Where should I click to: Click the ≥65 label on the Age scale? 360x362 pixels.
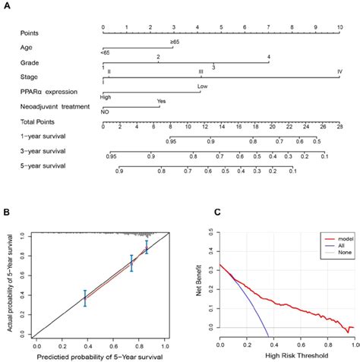tap(175, 42)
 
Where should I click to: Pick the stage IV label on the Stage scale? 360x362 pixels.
tap(338, 71)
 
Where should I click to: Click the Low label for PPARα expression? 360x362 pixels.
tap(202, 87)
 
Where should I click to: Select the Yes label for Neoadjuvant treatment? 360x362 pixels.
tap(161, 101)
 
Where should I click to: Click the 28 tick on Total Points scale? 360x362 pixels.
tap(338, 127)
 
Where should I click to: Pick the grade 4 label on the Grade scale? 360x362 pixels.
tap(269, 57)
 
